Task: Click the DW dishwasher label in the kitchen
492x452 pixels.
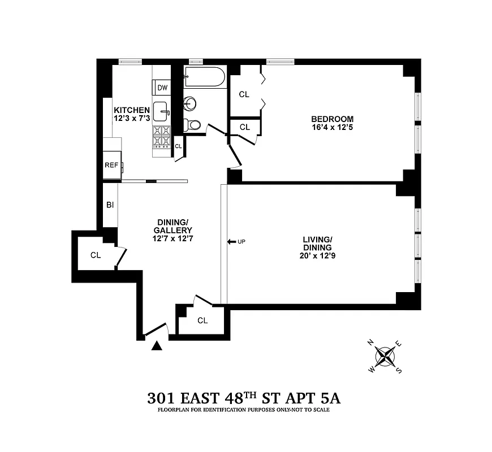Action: point(162,88)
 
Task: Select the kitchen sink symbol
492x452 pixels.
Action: point(162,111)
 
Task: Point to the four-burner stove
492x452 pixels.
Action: point(162,136)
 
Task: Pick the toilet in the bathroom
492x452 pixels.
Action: point(192,125)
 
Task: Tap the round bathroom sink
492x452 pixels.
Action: point(191,103)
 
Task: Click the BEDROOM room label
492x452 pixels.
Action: point(332,119)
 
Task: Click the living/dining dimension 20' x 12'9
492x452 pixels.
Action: point(316,255)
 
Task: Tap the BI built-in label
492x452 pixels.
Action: point(110,205)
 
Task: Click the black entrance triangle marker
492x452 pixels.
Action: point(158,346)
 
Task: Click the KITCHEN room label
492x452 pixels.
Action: point(132,110)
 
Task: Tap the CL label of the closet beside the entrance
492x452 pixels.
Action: point(202,320)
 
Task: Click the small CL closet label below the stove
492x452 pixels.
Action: point(178,146)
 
